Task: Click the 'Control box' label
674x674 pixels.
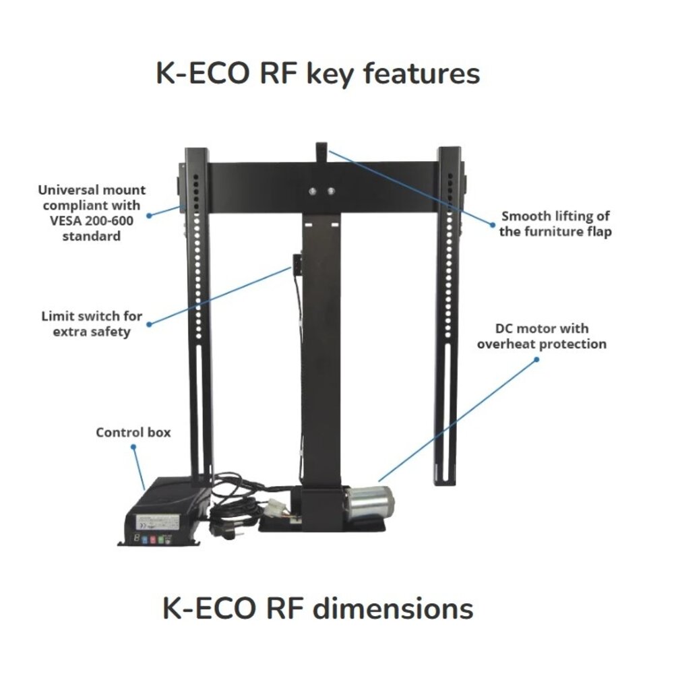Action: (133, 432)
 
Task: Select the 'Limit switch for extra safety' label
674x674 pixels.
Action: (91, 324)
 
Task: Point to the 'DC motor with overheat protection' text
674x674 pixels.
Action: (542, 336)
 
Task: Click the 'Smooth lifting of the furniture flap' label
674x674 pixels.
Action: (555, 224)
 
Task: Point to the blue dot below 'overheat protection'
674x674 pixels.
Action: (537, 359)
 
